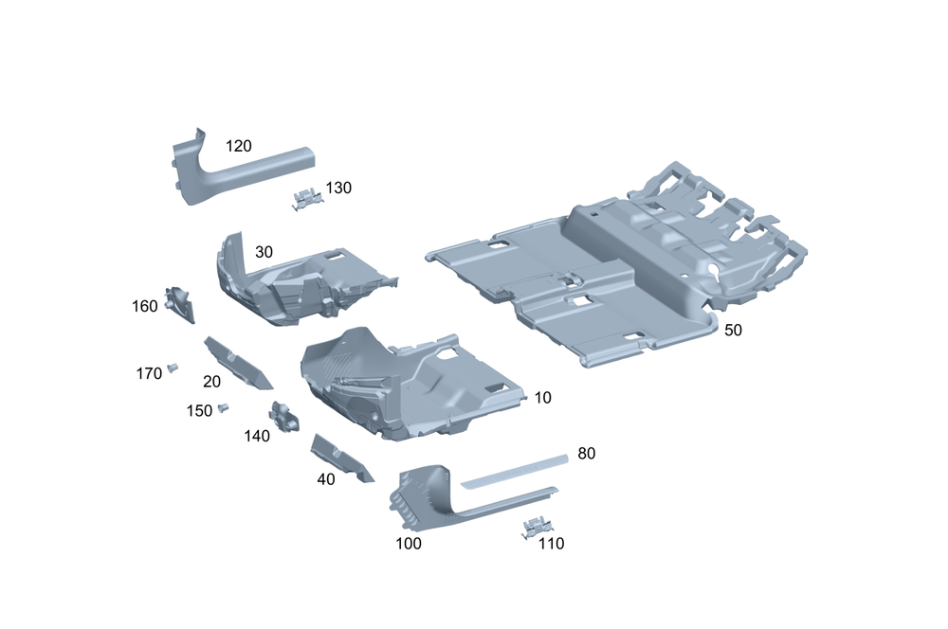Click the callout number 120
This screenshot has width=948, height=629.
point(238,146)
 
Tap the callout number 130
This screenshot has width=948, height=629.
point(338,188)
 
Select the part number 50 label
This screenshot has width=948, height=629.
point(733,330)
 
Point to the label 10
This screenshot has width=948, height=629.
point(543,398)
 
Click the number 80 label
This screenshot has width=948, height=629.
point(587,453)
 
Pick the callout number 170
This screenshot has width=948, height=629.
point(149,374)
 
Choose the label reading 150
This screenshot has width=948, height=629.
point(199,411)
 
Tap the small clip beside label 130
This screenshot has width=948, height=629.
point(307,199)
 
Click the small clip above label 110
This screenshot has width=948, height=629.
point(537,527)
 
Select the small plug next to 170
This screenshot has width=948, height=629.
point(173,367)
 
